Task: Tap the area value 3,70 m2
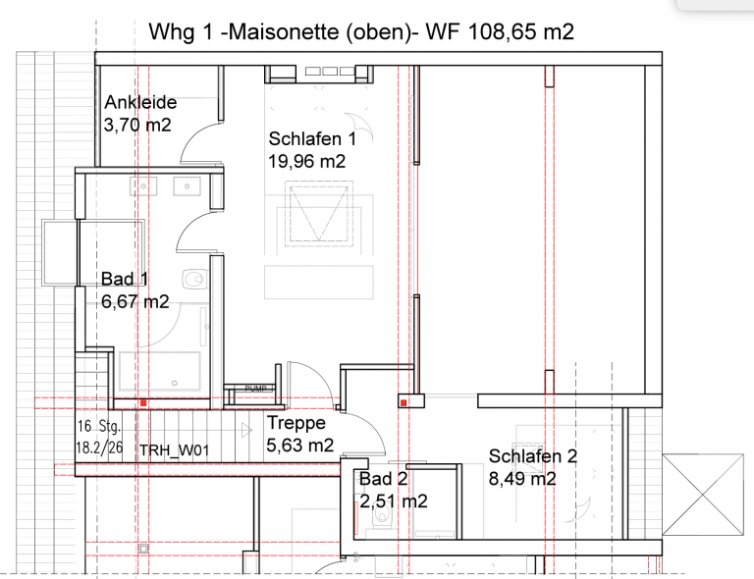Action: [137, 125]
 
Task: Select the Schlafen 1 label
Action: [311, 139]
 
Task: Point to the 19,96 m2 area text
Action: [306, 162]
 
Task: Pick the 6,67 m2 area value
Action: [135, 302]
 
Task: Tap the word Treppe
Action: [296, 424]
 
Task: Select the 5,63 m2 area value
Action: [300, 446]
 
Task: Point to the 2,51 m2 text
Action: [393, 501]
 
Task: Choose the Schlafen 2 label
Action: [532, 456]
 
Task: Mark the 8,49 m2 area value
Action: [523, 479]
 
